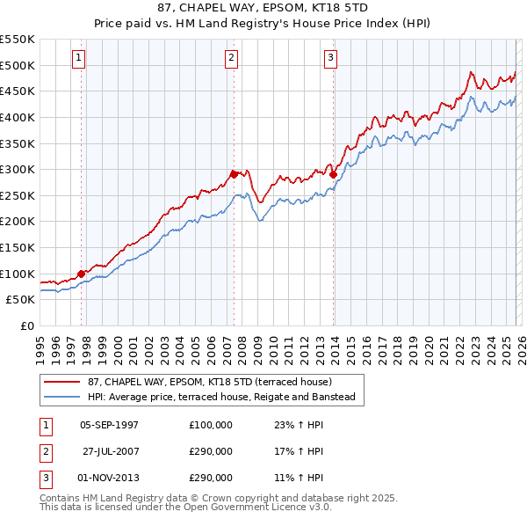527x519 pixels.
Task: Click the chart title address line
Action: [263, 8]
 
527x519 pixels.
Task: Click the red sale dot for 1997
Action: [82, 274]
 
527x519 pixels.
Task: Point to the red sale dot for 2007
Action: [235, 174]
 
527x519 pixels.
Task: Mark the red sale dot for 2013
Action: [333, 175]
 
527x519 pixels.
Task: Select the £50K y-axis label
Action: [20, 299]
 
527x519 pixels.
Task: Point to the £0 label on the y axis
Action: [26, 325]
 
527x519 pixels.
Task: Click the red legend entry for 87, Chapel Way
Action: [209, 382]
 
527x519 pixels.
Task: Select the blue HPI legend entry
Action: [220, 397]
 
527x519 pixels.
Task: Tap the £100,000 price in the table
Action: [211, 425]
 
